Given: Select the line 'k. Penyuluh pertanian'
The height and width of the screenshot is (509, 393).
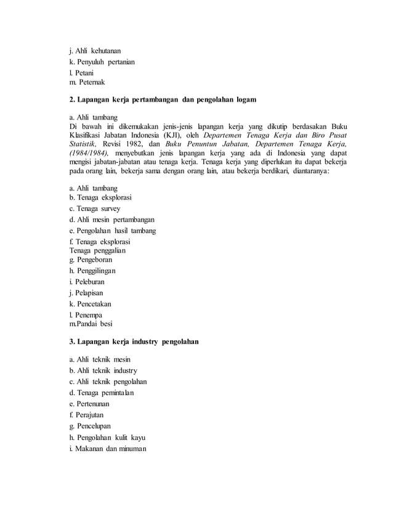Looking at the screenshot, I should click(102, 62).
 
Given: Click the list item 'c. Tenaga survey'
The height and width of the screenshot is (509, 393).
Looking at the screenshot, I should click(95, 208).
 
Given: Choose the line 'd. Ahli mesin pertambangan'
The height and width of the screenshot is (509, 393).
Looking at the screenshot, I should click(111, 219).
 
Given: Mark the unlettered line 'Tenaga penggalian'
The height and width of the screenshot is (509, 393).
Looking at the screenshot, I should click(98, 250).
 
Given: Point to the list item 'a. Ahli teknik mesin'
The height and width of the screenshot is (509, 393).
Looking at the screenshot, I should click(100, 359).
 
